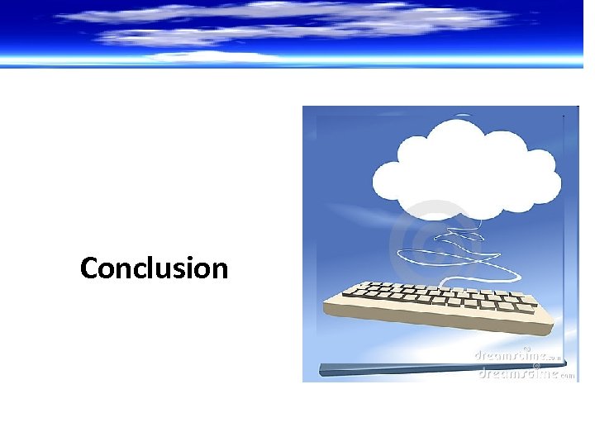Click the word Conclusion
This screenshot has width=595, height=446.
pos(154,268)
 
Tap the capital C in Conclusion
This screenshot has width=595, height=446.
pos(90,268)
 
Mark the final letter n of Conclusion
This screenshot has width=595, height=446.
pos(219,270)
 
